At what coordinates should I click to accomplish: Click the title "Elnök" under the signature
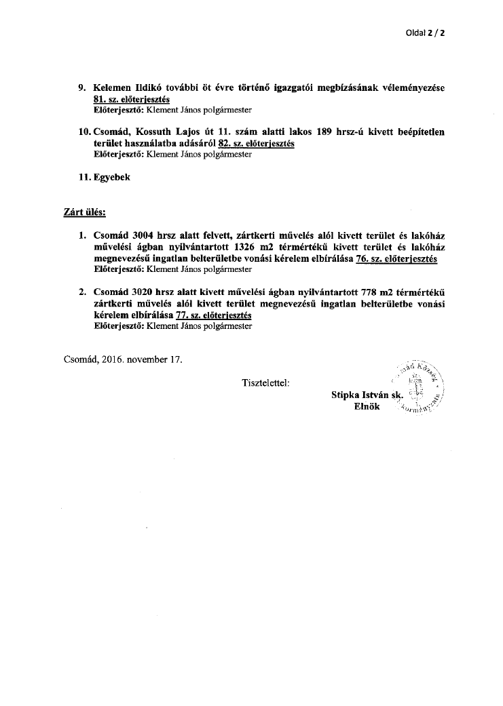(x=367, y=406)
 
